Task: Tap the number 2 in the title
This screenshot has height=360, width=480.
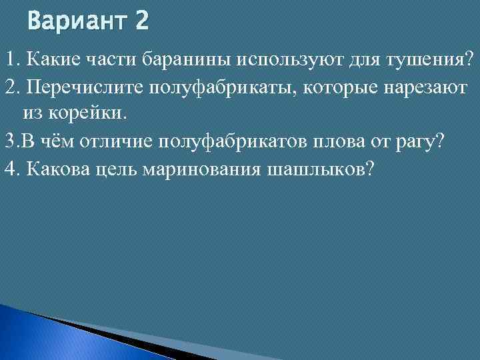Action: click(141, 22)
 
